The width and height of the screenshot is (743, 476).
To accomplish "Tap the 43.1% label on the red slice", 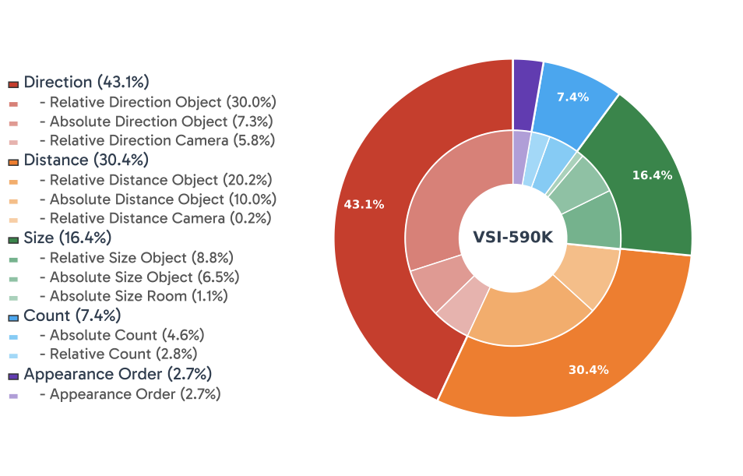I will tap(364, 205).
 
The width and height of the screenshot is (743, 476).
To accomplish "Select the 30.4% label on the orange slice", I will tap(588, 369).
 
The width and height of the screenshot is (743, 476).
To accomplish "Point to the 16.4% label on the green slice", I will tap(651, 175).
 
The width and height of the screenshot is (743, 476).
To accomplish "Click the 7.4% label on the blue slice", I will tap(572, 97).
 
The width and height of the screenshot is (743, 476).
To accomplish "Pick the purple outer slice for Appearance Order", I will tap(526, 93).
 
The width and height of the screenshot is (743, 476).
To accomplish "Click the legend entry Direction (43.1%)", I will tap(86, 82).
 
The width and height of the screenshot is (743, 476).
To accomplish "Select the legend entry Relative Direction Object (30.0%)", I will tap(163, 102).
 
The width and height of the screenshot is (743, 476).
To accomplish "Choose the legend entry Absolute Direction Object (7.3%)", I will tap(161, 122).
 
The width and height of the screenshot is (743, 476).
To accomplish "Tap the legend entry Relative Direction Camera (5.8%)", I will tap(162, 141).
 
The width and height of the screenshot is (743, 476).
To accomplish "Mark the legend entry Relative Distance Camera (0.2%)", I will tap(160, 219).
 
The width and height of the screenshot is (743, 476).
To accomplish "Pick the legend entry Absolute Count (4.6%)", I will tap(127, 336).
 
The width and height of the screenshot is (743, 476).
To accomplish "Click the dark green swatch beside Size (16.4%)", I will tap(13, 238).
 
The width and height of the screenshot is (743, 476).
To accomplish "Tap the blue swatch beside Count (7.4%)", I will tap(13, 316).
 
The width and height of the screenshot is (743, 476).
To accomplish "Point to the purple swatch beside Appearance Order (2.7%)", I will tap(13, 376).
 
